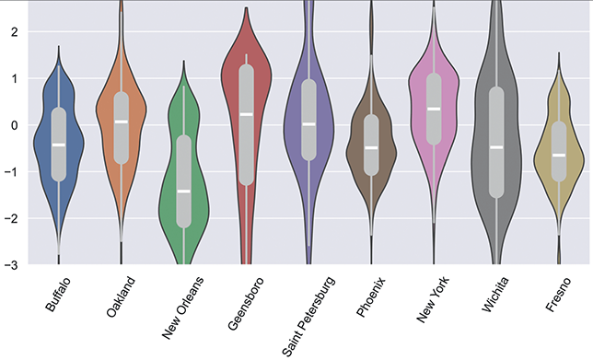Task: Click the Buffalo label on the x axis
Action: coord(50,296)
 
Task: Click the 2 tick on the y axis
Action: coord(13,32)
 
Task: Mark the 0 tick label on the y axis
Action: coord(13,125)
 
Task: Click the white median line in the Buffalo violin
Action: coord(59,145)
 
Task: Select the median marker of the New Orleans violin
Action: coord(183,191)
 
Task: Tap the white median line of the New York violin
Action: coord(434,109)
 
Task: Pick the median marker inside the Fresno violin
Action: coord(559,155)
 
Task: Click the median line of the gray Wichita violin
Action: coord(496,146)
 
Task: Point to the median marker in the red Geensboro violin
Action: coord(246,114)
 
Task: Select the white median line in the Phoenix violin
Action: coord(371,147)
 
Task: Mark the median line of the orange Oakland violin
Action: coord(122,122)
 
